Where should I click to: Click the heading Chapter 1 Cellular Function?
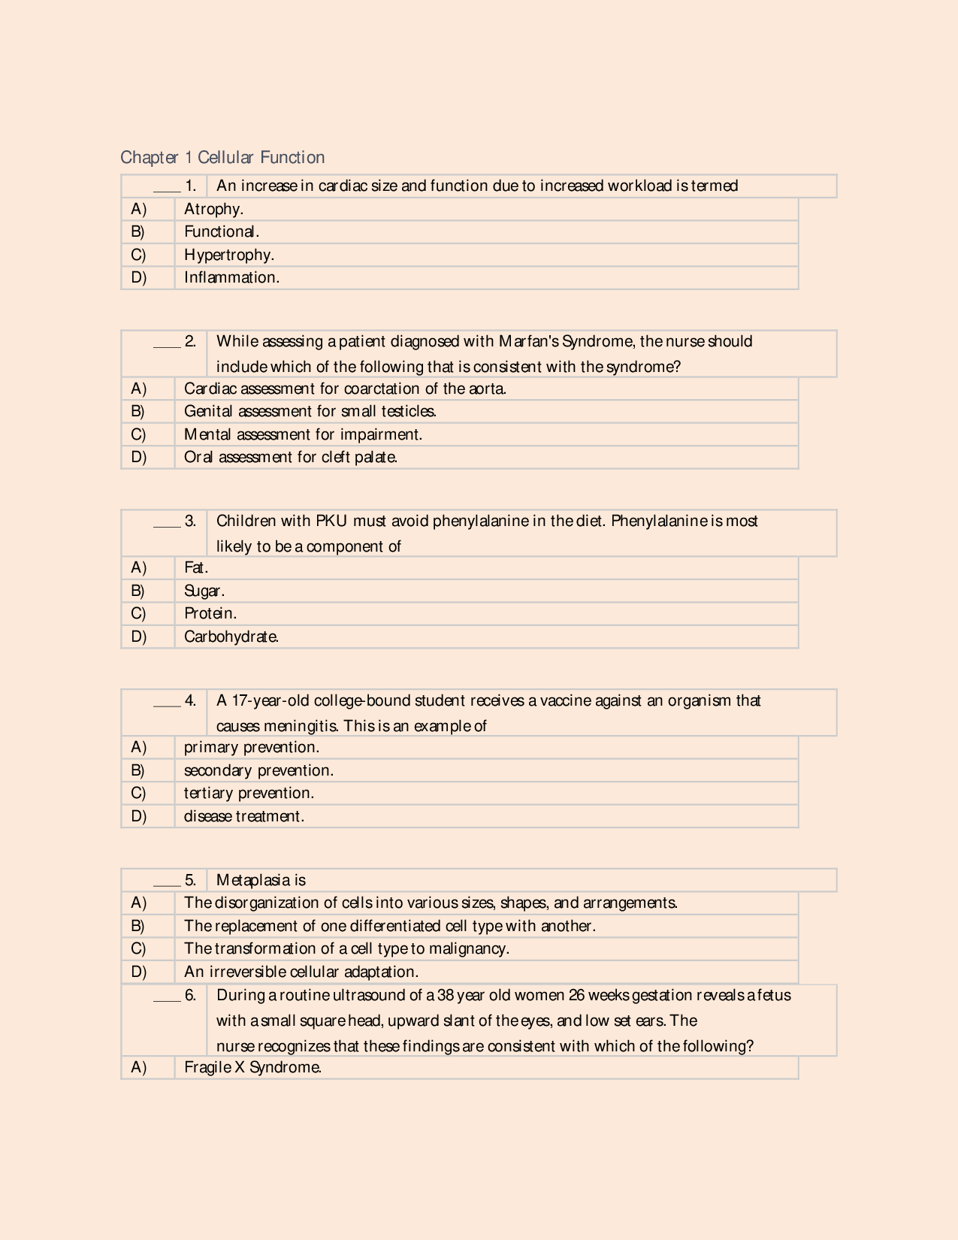[222, 157]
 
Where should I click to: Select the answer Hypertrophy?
[229, 255]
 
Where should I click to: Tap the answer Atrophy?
[213, 209]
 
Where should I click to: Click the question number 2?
[190, 341]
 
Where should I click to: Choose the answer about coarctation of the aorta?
[345, 389]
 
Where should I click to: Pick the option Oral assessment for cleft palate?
[291, 457]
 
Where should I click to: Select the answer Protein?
[210, 613]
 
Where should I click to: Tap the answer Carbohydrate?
[231, 637]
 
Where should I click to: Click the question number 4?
[190, 700]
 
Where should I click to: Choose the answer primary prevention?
[252, 747]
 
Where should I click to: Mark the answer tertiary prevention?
[249, 793]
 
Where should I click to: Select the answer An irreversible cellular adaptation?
[301, 972]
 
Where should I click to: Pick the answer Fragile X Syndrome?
[252, 1067]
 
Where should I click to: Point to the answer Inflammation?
[231, 277]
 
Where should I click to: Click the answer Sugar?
[204, 591]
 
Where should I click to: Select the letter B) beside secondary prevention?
[138, 770]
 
